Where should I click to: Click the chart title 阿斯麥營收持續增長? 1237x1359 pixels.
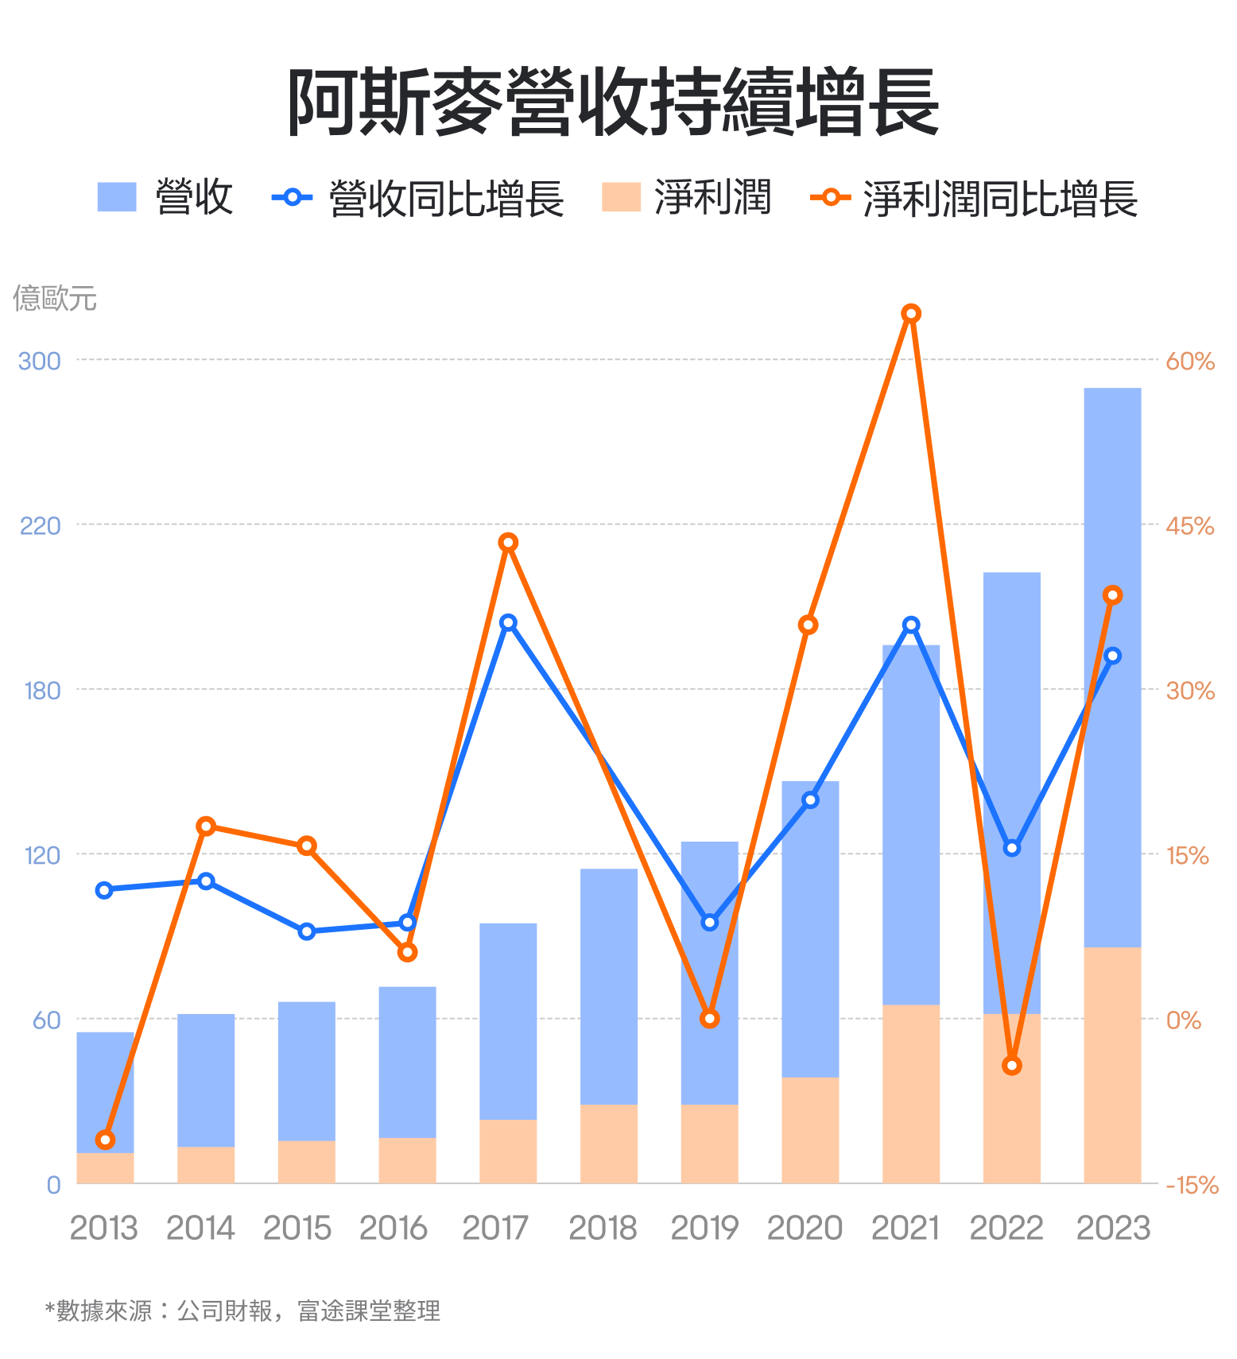point(613,102)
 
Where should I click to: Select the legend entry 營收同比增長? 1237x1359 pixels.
point(445,198)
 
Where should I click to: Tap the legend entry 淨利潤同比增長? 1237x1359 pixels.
point(1000,198)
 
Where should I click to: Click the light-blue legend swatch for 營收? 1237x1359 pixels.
point(117,197)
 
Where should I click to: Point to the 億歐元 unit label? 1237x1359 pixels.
point(55,298)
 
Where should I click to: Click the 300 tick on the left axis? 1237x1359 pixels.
point(39,361)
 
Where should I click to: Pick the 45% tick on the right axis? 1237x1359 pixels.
point(1189,526)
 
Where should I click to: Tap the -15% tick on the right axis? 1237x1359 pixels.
point(1191,1185)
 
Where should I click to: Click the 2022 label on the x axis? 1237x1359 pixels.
point(1006,1228)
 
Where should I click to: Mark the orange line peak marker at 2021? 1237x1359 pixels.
point(911,314)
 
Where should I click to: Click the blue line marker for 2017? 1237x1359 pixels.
point(508,622)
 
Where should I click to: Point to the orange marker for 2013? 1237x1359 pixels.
point(105,1140)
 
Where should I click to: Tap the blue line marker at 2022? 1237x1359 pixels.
point(1011,848)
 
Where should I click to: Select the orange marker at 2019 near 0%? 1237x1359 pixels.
point(710,1018)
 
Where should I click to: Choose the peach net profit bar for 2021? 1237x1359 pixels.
point(911,1094)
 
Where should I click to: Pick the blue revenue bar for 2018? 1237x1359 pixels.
point(609,985)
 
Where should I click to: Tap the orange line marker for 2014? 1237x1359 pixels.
point(206,826)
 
